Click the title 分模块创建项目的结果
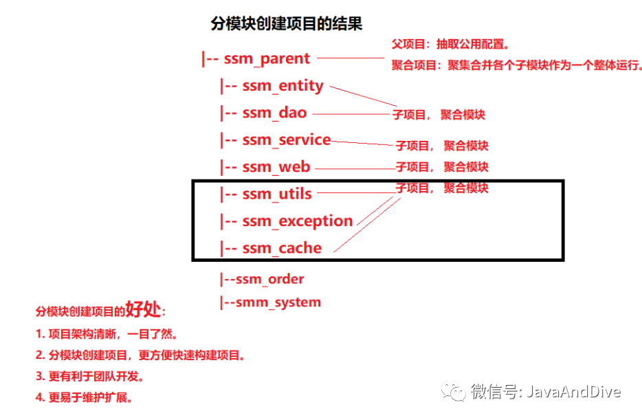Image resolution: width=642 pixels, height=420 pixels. pos(286,24)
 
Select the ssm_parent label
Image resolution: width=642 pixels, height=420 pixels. pos(267,59)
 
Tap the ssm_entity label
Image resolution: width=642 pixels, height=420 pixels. pos(283,86)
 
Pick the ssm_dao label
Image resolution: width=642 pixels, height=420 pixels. pos(274,113)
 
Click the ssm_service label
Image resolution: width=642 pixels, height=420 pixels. pos(286,140)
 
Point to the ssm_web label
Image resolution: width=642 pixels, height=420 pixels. pos(276,167)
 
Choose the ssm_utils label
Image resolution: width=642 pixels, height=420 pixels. pos(277,194)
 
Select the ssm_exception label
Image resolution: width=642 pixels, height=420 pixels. pos(297,221)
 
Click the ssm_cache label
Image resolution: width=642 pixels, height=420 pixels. pos(282,248)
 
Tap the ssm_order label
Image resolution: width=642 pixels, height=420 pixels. pos(269,279)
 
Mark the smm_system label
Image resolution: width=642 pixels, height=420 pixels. pos(278,302)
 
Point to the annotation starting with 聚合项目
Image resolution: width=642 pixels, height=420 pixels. pos(517,65)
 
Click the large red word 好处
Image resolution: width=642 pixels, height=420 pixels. pos(143,310)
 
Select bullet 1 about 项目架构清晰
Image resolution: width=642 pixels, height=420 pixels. pos(107,335)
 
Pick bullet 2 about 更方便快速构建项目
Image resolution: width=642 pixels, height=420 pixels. pos(140,356)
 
